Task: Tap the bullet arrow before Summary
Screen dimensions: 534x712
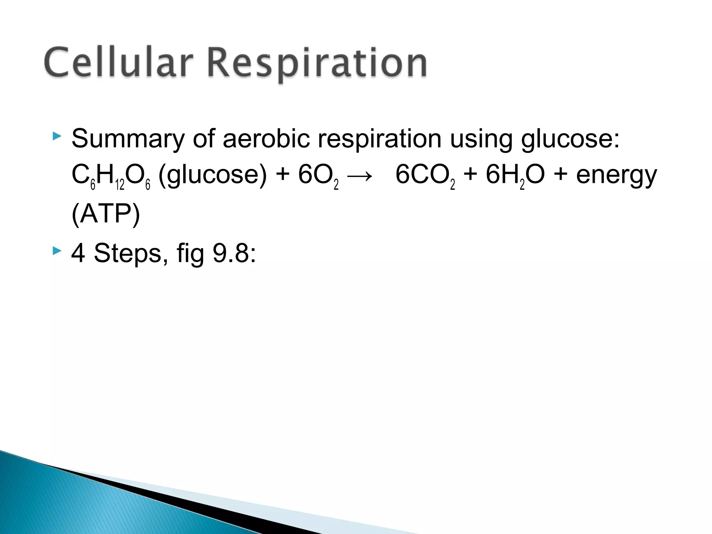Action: coord(57,136)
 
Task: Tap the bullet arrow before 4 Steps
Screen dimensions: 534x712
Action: coord(57,251)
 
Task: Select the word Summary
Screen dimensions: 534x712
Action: coord(128,139)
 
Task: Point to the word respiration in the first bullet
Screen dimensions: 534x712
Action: coord(380,139)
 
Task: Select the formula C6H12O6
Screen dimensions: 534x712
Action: coord(111,176)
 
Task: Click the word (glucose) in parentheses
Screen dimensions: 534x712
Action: coord(212,175)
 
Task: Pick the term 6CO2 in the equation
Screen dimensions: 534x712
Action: coord(425,176)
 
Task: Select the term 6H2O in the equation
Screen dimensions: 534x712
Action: coord(515,176)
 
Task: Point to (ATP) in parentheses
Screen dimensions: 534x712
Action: coord(106,214)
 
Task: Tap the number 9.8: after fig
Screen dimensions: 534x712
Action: coord(234,253)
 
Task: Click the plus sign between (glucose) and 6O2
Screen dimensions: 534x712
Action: coord(283,174)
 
